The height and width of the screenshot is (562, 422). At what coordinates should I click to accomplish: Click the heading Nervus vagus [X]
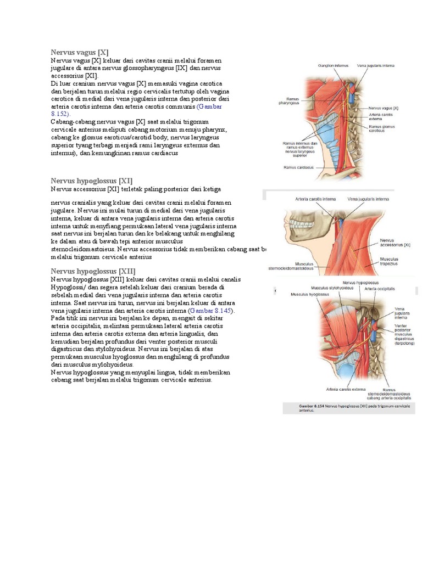(79, 52)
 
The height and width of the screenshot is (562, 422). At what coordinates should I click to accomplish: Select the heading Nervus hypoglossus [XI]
(92, 181)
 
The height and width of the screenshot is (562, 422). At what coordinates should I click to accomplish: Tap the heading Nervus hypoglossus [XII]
(93, 271)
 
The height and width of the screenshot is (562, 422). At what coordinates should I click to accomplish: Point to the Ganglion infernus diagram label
(333, 66)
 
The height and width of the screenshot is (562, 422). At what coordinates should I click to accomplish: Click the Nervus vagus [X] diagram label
(384, 109)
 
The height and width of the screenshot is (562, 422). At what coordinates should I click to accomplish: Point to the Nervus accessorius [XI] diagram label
(396, 243)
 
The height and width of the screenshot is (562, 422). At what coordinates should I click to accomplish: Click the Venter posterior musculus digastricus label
(403, 334)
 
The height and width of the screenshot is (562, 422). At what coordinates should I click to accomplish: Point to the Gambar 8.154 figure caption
(348, 408)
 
